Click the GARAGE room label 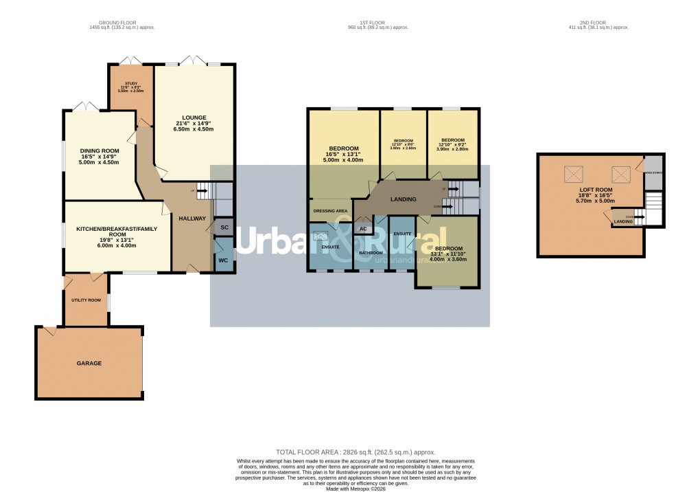(89, 363)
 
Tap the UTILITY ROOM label (86, 300)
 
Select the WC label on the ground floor (223, 260)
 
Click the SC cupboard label (224, 227)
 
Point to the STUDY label (131, 84)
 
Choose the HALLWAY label (192, 218)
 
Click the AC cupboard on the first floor (363, 229)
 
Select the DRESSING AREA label (331, 211)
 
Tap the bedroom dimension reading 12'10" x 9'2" (453, 144)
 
